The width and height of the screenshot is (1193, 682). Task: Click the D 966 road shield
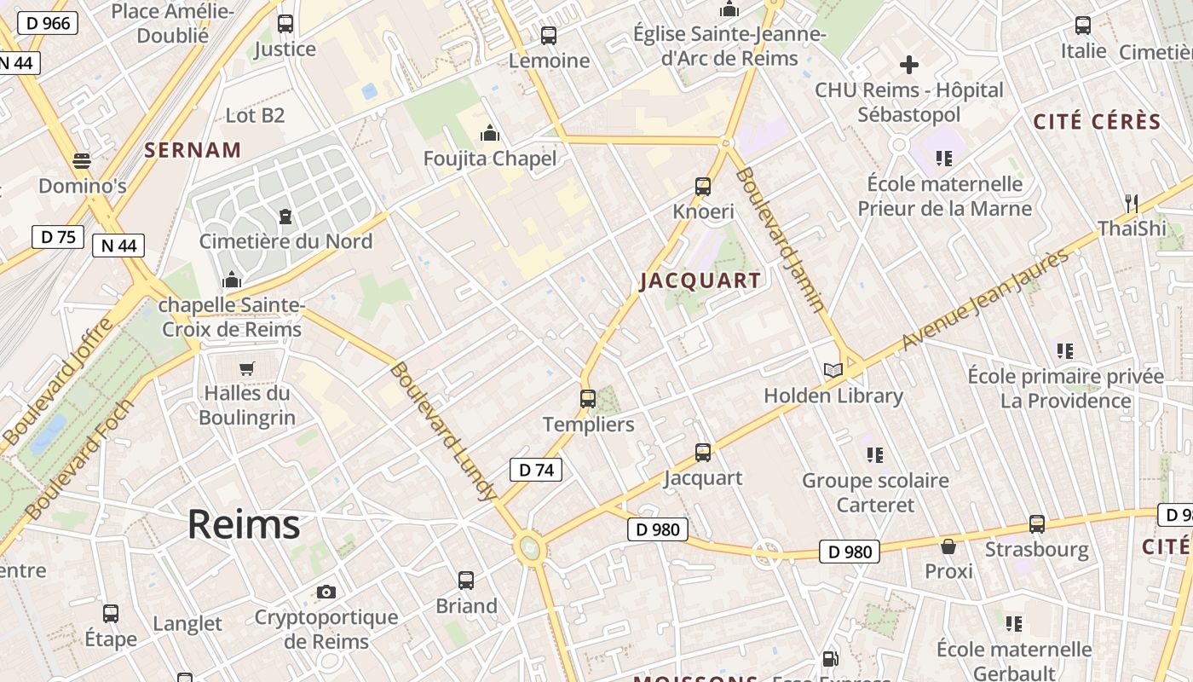point(49,23)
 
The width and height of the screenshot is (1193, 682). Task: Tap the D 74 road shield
point(536,469)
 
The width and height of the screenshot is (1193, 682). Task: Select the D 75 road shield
point(58,236)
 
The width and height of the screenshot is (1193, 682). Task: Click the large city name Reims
point(244,523)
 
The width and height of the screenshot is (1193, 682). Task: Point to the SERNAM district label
point(193,150)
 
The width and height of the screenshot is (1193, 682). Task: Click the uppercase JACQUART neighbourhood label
point(700,280)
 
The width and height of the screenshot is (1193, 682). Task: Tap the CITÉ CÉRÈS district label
point(1098,122)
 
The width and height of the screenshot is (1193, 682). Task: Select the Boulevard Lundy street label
point(443,431)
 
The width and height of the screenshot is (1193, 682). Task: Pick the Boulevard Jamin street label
point(781,240)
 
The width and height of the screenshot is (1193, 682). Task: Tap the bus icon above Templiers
point(587,398)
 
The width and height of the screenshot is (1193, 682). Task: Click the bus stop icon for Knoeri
point(703,186)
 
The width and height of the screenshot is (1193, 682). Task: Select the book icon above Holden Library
point(833,370)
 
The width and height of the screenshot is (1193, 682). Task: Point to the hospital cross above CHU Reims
point(908,64)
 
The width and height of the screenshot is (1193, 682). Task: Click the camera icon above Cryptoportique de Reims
point(326,592)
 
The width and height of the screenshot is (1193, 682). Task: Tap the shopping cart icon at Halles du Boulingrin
point(247,368)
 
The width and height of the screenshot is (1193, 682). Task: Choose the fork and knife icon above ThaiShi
point(1132,203)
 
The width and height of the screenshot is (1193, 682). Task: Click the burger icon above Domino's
point(82,160)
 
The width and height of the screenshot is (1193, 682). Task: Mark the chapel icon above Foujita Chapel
point(490,133)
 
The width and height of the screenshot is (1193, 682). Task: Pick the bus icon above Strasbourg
point(1037,523)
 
